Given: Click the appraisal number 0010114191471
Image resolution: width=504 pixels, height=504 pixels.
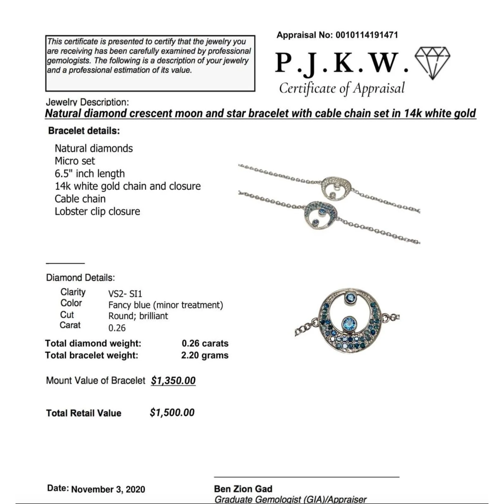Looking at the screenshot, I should [367, 35].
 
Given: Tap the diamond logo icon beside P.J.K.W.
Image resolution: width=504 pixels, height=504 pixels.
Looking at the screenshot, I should [432, 63].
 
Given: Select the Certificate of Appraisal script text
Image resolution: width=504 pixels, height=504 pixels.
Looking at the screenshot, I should [342, 88].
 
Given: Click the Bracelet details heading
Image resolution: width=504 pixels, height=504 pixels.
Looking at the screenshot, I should [84, 131].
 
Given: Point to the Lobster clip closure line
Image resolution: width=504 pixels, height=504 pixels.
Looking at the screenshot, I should [97, 211].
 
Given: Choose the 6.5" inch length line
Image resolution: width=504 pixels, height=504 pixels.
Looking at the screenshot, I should [90, 173].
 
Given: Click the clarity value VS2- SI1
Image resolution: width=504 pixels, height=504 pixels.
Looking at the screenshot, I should [125, 293].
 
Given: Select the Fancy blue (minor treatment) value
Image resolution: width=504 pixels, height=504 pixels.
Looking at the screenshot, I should [166, 305].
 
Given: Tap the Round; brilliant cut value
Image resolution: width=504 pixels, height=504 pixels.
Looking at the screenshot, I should [138, 316].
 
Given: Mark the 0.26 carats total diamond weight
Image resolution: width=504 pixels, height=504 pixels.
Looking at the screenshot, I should [205, 343].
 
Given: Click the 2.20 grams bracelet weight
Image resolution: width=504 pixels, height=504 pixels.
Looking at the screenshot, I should [205, 355].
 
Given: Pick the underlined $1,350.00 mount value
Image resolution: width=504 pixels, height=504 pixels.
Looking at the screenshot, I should [173, 380].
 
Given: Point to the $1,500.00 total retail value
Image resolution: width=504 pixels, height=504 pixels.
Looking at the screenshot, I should [172, 412].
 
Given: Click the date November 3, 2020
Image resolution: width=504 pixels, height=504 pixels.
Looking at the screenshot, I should [108, 489].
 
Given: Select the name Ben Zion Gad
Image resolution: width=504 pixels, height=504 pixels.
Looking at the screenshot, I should [243, 489].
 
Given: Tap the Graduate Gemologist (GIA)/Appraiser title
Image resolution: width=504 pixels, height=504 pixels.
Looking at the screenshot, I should [290, 499].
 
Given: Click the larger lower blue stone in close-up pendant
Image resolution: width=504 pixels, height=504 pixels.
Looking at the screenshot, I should [349, 324].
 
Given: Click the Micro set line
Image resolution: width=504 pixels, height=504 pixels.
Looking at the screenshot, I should [75, 161].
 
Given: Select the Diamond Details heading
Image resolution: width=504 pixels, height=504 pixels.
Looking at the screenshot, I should [80, 278].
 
